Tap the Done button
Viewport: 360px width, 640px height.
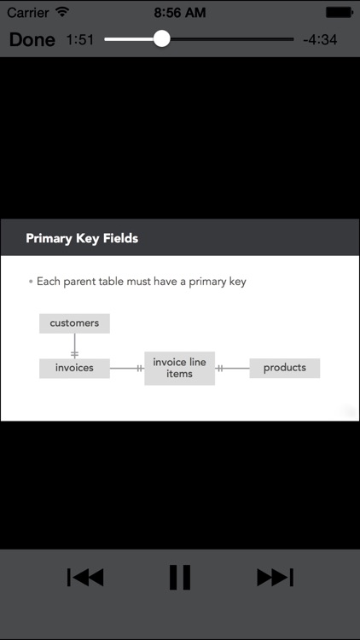(x=32, y=39)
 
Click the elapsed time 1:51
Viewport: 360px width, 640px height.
(x=80, y=39)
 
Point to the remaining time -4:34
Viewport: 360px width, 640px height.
(x=320, y=39)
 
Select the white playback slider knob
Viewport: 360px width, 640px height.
(x=161, y=38)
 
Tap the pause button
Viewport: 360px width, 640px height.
(x=180, y=577)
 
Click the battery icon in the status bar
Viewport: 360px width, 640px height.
(x=340, y=12)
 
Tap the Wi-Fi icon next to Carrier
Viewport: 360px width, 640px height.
(x=62, y=12)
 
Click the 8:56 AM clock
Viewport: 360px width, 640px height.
(x=180, y=12)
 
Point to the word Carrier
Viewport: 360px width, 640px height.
(x=28, y=12)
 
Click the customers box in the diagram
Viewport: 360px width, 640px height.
(x=74, y=323)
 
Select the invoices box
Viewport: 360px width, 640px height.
(x=74, y=368)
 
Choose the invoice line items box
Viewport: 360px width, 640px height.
(x=180, y=368)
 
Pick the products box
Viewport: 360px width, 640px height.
(x=284, y=368)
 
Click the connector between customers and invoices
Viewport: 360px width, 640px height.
(x=74, y=346)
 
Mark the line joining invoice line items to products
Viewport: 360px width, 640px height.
(x=232, y=368)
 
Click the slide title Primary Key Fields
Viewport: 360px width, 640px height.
(x=82, y=238)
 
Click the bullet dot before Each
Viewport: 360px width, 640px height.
(x=31, y=282)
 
